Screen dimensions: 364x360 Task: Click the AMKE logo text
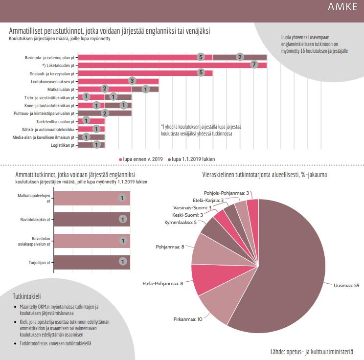pos(342,7)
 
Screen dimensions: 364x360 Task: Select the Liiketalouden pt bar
pos(173,65)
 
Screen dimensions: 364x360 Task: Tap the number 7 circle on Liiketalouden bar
pos(254,65)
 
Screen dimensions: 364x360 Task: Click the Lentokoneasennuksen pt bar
pos(118,81)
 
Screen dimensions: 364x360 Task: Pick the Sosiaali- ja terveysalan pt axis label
pos(52,73)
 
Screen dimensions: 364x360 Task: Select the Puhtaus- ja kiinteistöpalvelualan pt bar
pos(105,113)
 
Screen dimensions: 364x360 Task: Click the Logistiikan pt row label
pos(63,145)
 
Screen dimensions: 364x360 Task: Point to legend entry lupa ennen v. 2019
pos(141,159)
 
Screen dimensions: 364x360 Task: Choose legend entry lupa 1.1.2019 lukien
pos(191,159)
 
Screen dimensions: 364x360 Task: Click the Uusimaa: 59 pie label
pos(346,285)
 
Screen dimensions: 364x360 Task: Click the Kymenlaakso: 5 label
pos(181,223)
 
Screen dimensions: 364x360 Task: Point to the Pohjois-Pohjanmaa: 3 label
pos(227,193)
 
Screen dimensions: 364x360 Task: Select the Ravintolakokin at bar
pos(92,219)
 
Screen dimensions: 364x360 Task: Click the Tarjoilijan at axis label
pos(40,263)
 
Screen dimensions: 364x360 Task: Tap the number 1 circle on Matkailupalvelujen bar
pos(122,198)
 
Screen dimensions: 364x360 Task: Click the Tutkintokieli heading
pos(27,296)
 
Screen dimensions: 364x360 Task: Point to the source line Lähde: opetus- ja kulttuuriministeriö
pos(312,351)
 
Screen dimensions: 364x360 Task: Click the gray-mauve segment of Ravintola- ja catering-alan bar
pos(240,57)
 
